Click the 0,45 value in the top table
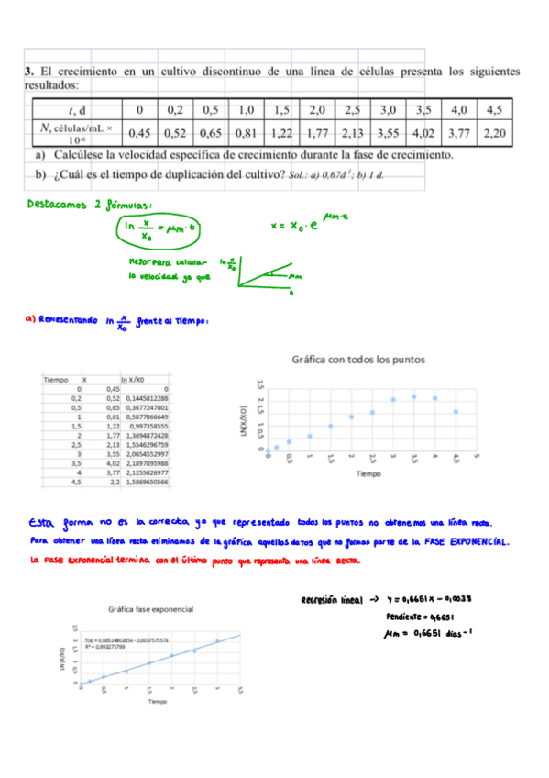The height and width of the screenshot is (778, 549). pyautogui.click(x=138, y=134)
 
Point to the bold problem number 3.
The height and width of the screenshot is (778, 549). pyautogui.click(x=29, y=71)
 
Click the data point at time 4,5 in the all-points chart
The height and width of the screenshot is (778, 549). pyautogui.click(x=456, y=412)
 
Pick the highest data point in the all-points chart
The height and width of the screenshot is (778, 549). pyautogui.click(x=413, y=396)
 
